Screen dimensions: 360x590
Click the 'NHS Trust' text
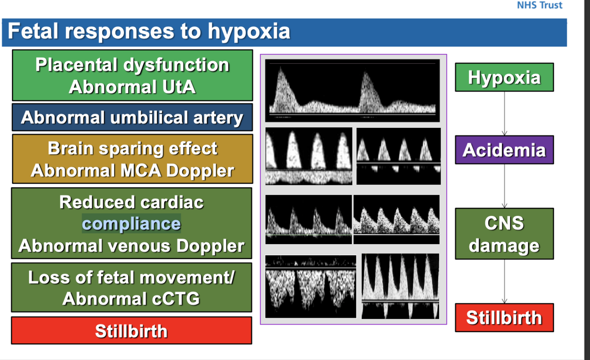point(540,5)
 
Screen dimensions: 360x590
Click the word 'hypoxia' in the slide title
point(249,31)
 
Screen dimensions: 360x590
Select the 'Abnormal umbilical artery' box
point(132,118)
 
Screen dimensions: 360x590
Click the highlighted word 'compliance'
point(131,224)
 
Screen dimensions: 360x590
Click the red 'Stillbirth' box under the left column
point(131,331)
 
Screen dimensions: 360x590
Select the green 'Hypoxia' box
point(504,77)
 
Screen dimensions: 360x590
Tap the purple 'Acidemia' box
point(504,150)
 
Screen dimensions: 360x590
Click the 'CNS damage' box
point(504,234)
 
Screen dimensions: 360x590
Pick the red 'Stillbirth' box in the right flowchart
point(504,318)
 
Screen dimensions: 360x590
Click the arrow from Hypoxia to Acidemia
point(504,114)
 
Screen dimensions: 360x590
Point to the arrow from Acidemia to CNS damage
point(504,186)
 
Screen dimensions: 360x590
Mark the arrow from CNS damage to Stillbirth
point(504,281)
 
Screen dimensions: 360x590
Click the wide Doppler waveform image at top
point(352,90)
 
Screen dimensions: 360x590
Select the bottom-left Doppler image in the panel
point(310,286)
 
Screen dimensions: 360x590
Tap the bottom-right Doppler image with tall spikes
point(400,286)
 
